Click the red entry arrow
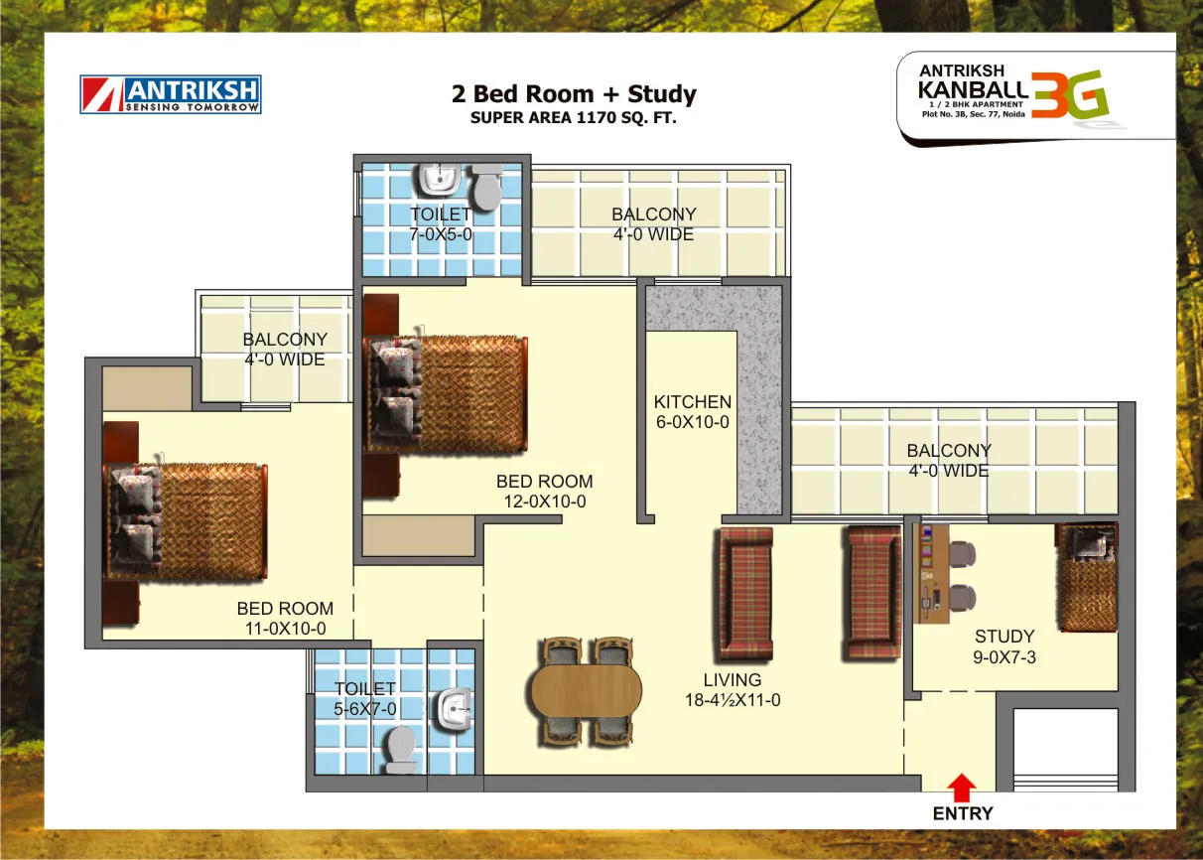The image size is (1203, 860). pyautogui.click(x=962, y=788)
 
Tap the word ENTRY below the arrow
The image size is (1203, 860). pyautogui.click(x=963, y=813)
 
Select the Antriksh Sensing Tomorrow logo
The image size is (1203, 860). pyautogui.click(x=171, y=94)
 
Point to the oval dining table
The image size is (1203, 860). pyautogui.click(x=587, y=691)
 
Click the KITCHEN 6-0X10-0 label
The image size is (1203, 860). pyautogui.click(x=692, y=411)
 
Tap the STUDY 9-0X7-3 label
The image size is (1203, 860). pyautogui.click(x=1004, y=646)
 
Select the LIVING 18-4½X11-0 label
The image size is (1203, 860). pyautogui.click(x=733, y=690)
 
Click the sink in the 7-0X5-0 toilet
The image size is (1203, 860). pyautogui.click(x=440, y=180)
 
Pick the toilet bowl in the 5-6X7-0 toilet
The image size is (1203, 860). pyautogui.click(x=401, y=750)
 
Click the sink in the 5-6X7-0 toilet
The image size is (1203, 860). pyautogui.click(x=455, y=709)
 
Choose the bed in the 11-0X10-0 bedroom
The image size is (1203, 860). pyautogui.click(x=186, y=521)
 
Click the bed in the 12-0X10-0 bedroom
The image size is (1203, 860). pyautogui.click(x=446, y=393)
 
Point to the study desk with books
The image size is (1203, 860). pyautogui.click(x=931, y=574)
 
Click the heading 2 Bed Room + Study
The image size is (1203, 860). pyautogui.click(x=574, y=94)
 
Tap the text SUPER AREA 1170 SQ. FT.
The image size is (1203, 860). pyautogui.click(x=573, y=117)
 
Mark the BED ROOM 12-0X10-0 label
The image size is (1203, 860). pyautogui.click(x=545, y=491)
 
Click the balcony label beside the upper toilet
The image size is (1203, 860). pyautogui.click(x=653, y=224)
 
